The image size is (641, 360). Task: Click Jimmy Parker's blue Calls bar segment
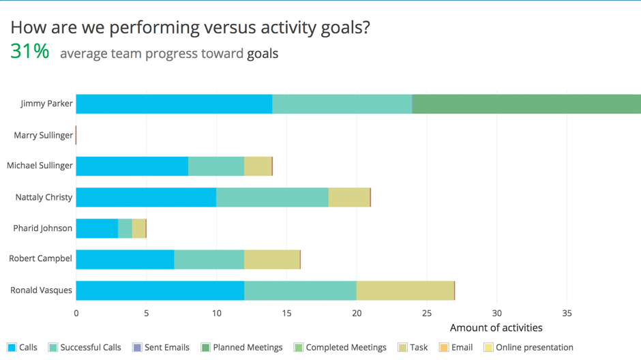[x=174, y=104]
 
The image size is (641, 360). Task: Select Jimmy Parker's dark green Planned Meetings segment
[x=526, y=104]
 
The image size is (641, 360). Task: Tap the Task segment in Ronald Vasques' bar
[x=405, y=290]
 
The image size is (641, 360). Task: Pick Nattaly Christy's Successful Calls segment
[x=272, y=197]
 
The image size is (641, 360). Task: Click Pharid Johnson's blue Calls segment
[x=98, y=228]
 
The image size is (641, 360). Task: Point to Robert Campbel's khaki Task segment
[x=272, y=260]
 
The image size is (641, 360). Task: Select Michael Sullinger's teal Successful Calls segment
[x=216, y=166]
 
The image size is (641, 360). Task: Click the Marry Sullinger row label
[x=44, y=135]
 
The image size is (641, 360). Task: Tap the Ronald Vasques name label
[x=41, y=290]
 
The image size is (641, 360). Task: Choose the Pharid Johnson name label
[x=42, y=228]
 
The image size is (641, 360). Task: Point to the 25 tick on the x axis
[x=427, y=314]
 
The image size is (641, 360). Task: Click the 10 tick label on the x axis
[x=216, y=314]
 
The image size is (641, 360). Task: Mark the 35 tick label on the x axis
[x=567, y=314]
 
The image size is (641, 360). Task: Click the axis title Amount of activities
[x=496, y=328]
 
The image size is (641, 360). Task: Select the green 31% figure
[x=30, y=52]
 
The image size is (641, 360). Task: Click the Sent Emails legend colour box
[x=137, y=347]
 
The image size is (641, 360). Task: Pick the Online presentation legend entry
[x=528, y=347]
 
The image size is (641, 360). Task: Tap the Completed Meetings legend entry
[x=340, y=347]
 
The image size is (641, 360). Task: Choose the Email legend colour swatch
[x=443, y=347]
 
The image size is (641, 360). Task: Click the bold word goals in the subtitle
[x=263, y=54]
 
